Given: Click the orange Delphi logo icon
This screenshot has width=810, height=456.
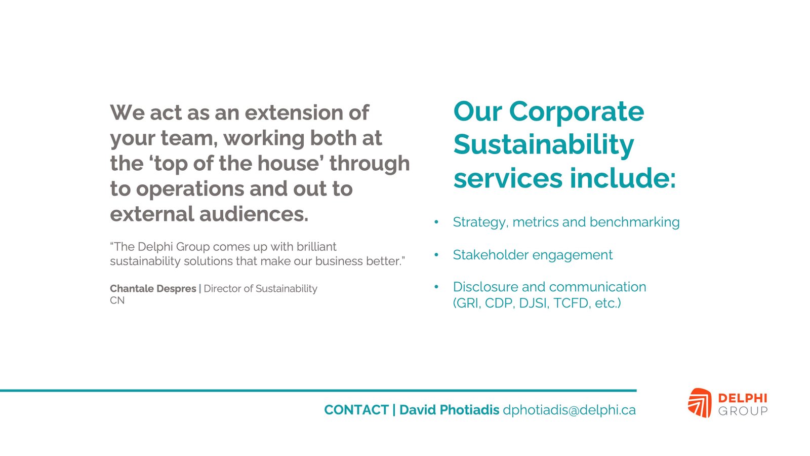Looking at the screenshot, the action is [699, 403].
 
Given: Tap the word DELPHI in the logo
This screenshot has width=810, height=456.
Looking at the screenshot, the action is [742, 398].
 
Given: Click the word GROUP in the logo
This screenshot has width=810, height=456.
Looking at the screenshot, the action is [743, 411].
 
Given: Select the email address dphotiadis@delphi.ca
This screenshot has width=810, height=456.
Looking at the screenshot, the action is [569, 410].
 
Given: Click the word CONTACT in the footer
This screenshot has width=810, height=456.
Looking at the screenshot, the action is [356, 410].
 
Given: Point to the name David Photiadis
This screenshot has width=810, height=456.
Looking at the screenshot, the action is [449, 410].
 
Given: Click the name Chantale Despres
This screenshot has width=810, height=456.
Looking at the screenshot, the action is [153, 289].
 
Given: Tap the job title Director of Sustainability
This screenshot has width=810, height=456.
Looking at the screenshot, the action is [260, 289].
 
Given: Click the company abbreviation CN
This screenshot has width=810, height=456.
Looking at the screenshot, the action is [117, 300].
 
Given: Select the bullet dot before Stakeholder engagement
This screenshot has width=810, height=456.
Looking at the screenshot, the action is [436, 255].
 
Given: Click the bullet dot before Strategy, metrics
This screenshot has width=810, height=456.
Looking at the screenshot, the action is [436, 222].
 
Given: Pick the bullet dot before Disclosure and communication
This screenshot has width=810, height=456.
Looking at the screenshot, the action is [436, 287].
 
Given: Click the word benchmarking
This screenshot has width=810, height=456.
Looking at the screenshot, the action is [635, 222].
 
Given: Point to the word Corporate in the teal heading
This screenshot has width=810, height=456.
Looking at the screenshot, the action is [577, 112].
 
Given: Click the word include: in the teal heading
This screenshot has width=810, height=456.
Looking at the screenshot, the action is [623, 178].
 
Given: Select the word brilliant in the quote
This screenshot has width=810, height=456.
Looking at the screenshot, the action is [316, 247].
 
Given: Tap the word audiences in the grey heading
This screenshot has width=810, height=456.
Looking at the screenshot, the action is [254, 214].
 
